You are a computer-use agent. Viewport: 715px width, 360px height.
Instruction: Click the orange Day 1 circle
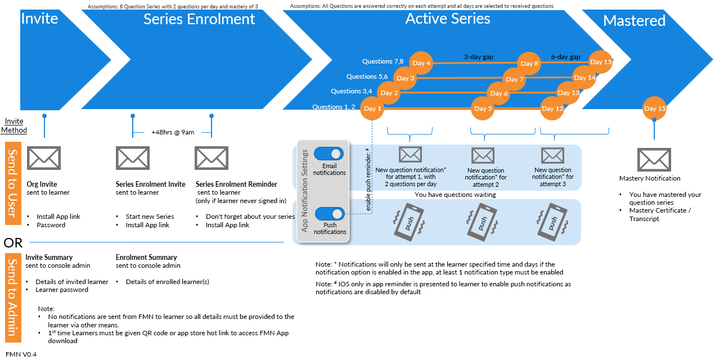tap(371, 109)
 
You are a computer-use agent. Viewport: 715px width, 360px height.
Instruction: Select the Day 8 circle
tap(529, 64)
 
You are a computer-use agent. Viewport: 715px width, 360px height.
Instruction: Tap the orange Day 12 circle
tap(552, 109)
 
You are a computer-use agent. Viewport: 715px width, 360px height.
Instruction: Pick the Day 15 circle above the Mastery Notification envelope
tap(654, 109)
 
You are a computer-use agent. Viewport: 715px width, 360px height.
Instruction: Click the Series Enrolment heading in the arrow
tap(199, 19)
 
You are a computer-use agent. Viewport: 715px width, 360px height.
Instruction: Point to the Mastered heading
tap(634, 21)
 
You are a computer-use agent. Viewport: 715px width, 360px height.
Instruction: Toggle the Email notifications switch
tap(329, 154)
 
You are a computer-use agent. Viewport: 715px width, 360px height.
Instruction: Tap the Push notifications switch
tap(330, 214)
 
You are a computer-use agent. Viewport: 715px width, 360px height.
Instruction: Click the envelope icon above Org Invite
tap(44, 158)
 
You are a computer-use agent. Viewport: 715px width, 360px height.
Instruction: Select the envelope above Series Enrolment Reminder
tap(212, 158)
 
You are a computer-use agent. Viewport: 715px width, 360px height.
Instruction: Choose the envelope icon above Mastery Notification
tap(654, 160)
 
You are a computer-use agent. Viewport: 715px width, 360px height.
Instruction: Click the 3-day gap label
tap(478, 57)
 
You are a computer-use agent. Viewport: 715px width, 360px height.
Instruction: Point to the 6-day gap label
tap(565, 57)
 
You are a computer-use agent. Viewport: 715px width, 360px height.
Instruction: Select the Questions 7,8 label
tap(383, 61)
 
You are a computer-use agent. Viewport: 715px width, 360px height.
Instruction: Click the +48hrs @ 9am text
tap(173, 132)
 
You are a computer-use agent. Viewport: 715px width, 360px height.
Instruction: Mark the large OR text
tap(13, 243)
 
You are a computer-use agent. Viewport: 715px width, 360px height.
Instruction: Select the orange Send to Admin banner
tap(13, 298)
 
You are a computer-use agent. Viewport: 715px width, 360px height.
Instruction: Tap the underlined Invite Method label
tap(14, 126)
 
